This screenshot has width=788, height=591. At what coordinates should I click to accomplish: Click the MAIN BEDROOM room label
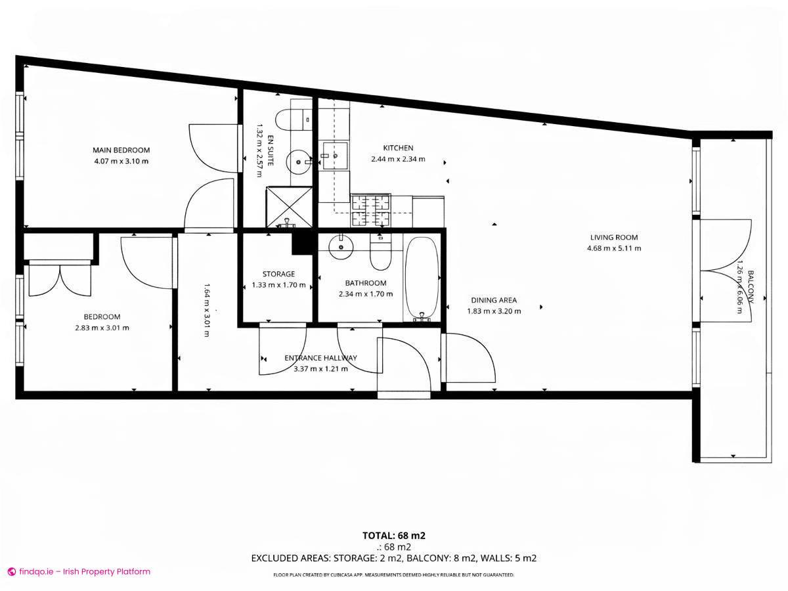pos(121,150)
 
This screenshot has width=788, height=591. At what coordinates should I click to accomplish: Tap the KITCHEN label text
pos(398,148)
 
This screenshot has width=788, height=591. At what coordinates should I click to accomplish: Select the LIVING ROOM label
pos(613,238)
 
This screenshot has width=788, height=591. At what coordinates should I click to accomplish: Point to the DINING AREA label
pos(494,300)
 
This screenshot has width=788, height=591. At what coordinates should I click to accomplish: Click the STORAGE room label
pos(278,274)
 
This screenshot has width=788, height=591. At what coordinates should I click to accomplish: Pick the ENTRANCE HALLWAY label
pos(320,358)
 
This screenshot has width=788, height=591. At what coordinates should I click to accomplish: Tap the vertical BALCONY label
pos(751,287)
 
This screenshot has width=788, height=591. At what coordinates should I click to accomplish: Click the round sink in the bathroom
pos(340,246)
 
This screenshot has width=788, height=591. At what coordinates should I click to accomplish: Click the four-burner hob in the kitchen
pos(371,210)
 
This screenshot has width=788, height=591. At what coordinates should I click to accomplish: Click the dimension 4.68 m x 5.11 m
pos(613,248)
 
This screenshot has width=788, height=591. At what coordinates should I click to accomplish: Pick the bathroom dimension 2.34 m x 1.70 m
pos(366,294)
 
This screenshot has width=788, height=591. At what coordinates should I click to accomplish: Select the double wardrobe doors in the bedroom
pos(59,279)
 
